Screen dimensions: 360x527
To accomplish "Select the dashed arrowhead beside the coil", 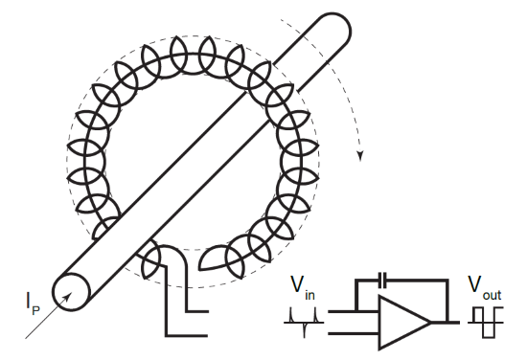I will tap(361, 154).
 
